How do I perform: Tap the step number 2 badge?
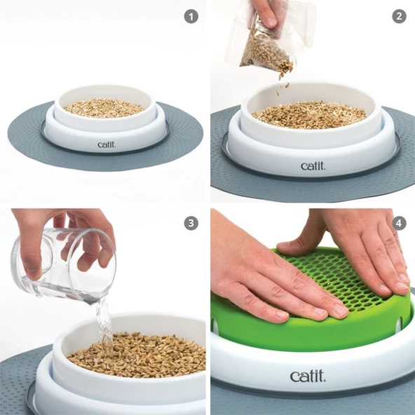[x=399, y=16]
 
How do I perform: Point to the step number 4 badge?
[x=399, y=224]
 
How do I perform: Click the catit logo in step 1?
[x=107, y=145]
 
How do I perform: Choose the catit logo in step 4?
[x=307, y=376]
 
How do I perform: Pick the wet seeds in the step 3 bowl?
[x=140, y=354]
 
